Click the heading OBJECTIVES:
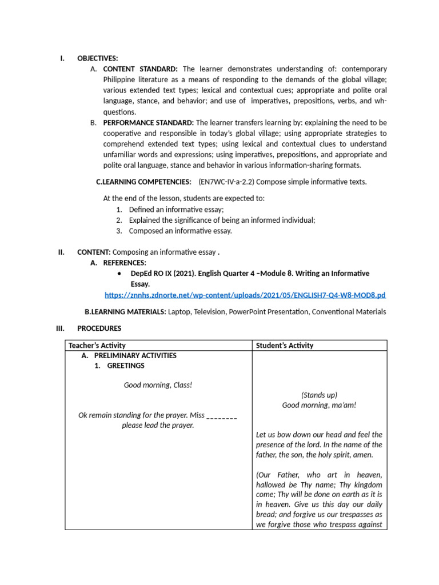point(98,58)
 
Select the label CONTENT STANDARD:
point(141,69)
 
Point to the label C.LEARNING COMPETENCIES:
point(143,182)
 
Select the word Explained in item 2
point(145,220)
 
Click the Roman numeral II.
point(61,252)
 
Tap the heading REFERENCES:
point(125,263)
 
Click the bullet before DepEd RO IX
point(117,274)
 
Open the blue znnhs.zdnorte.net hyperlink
point(245,295)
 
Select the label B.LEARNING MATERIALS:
point(125,312)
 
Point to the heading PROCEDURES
point(99,328)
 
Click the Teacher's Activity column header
point(97,346)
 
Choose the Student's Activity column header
point(285,346)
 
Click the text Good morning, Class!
point(158,385)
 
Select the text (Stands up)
point(319,395)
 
